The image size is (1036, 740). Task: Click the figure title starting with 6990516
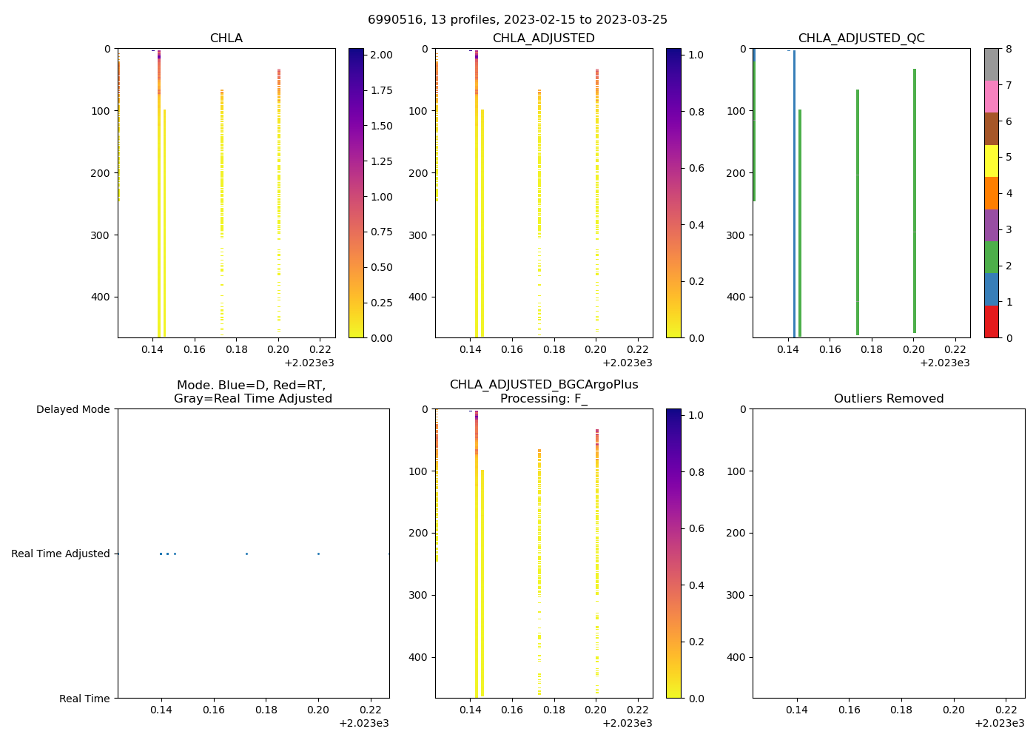(x=517, y=19)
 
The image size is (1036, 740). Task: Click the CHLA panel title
(x=226, y=38)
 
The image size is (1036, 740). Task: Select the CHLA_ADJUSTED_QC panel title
(x=861, y=38)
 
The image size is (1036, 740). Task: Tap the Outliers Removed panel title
(x=888, y=399)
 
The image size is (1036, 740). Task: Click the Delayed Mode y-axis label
(x=73, y=409)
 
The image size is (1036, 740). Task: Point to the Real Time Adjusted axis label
(x=60, y=554)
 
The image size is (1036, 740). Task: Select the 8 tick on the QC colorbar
(x=1009, y=49)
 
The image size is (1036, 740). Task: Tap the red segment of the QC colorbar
(x=992, y=322)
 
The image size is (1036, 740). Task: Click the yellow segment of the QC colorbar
(x=992, y=161)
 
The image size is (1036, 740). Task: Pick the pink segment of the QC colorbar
(x=992, y=96)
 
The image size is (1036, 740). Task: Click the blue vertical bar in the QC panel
(x=794, y=192)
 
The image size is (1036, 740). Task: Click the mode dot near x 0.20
(x=318, y=554)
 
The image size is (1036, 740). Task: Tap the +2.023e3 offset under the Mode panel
(x=363, y=723)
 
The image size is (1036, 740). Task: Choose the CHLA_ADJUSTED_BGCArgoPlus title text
(x=543, y=385)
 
